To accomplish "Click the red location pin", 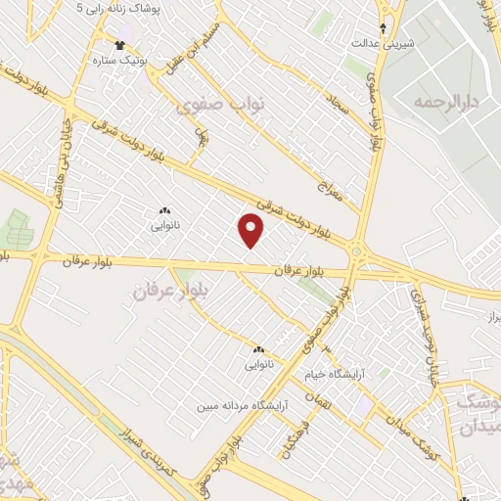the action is [x=251, y=230].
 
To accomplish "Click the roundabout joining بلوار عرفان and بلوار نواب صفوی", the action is [x=357, y=252].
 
